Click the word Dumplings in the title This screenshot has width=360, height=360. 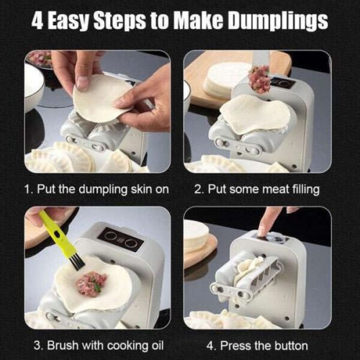278,21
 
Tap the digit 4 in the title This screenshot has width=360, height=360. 37,21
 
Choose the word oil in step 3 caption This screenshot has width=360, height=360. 158,346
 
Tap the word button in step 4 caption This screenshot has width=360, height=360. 291,346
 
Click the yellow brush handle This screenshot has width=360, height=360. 56,233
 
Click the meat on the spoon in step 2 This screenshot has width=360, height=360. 259,78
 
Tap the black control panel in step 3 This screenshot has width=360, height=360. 120,239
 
